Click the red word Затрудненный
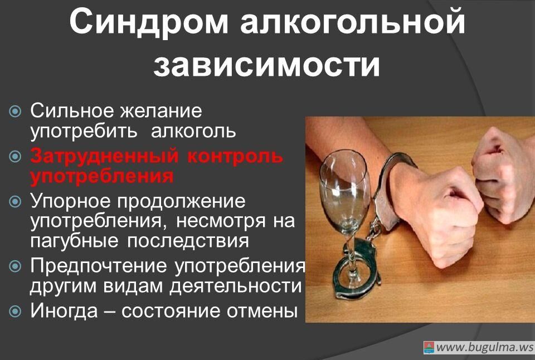click(x=103, y=156)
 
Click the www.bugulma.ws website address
click(x=484, y=347)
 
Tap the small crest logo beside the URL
click(x=429, y=348)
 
